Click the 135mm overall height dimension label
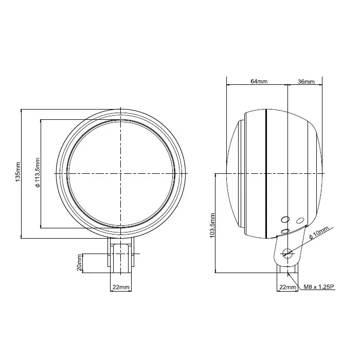17,173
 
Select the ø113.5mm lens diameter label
37,173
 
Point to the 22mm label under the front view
121,286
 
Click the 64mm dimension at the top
258,81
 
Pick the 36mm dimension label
305,81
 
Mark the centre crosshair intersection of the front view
121,173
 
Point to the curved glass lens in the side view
232,173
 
